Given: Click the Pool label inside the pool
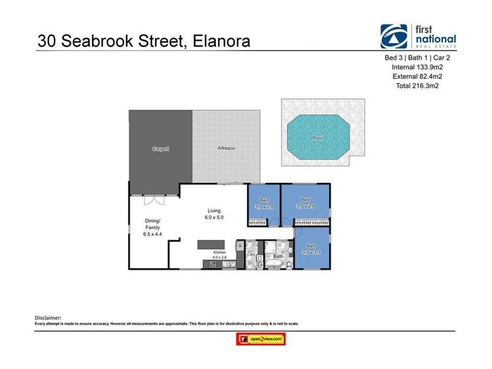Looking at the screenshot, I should tap(317, 138).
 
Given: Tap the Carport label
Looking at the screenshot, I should tap(161, 149).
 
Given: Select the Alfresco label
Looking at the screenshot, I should tap(226, 149).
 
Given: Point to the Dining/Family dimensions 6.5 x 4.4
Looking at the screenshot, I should tap(152, 234).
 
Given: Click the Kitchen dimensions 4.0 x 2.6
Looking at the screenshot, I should tap(220, 258).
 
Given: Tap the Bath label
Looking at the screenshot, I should tap(278, 256).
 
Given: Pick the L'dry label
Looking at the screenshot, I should tap(252, 254).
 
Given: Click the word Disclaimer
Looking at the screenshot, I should tap(49, 317).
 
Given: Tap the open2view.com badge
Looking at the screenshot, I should tap(261, 339).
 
